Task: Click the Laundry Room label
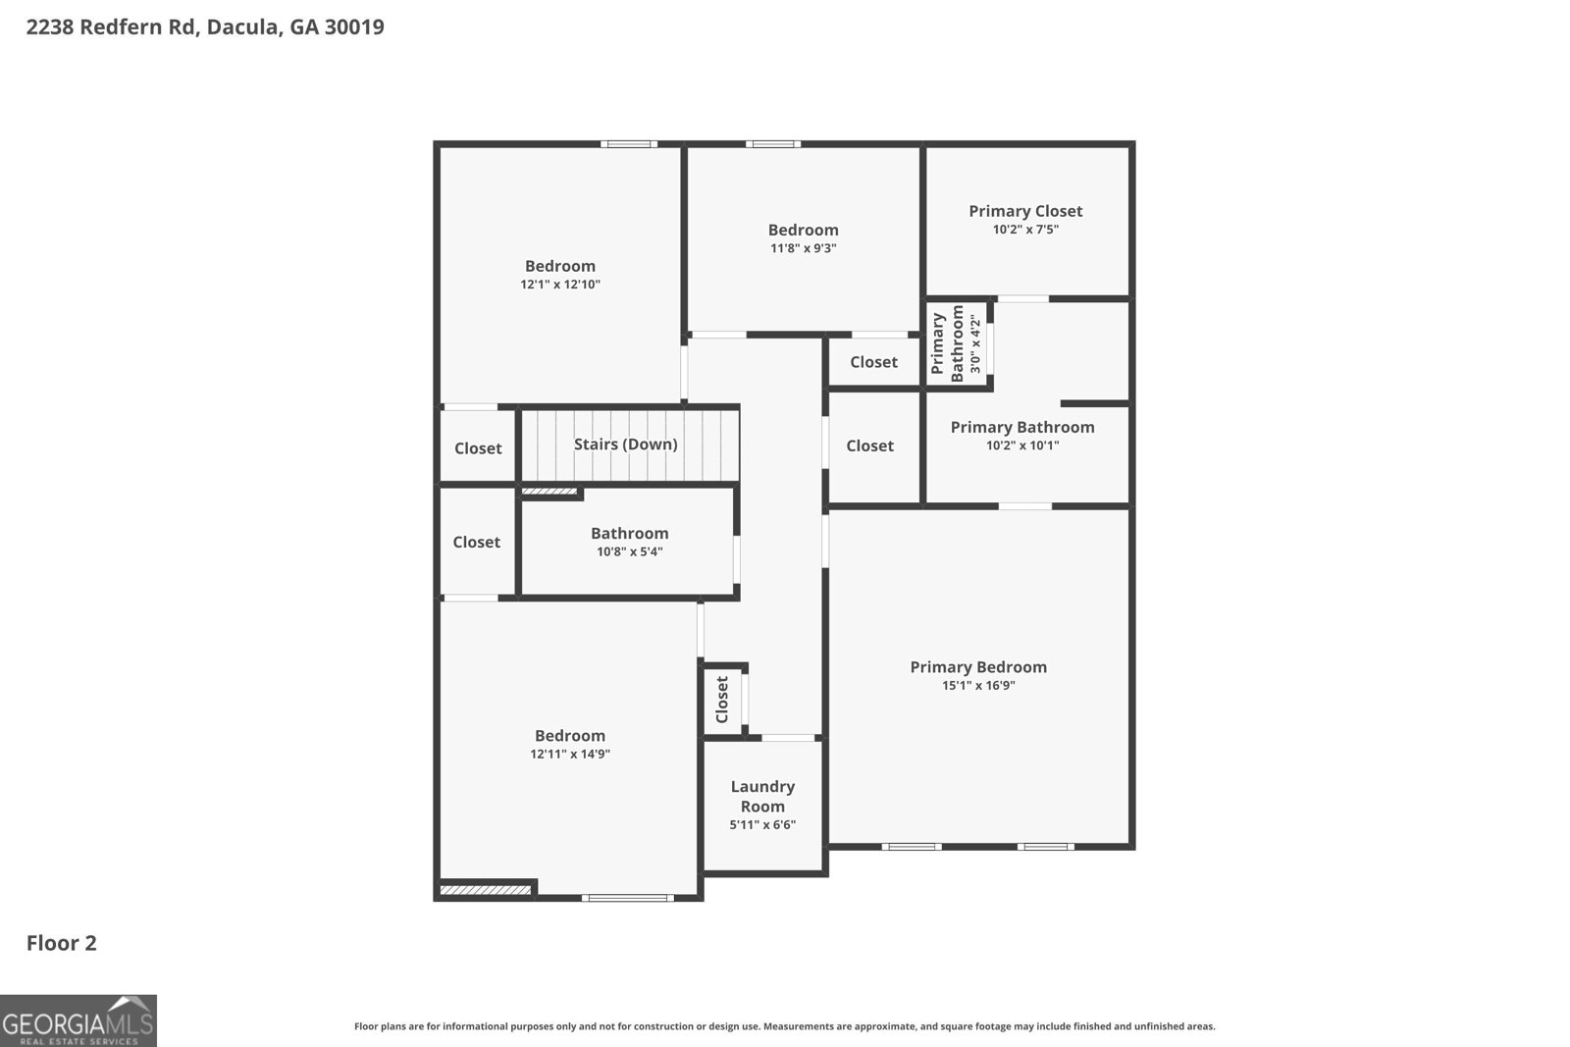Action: (x=762, y=797)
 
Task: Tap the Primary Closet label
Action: (x=1025, y=211)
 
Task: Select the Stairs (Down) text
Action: (x=625, y=445)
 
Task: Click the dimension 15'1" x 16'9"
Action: (x=978, y=686)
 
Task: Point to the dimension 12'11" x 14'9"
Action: (x=570, y=755)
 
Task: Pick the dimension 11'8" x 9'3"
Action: (x=803, y=249)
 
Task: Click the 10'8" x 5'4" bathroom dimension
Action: (x=629, y=552)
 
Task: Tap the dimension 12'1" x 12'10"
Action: (x=560, y=285)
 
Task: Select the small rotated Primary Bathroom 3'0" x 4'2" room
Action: (x=955, y=343)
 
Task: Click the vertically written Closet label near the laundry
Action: (x=722, y=699)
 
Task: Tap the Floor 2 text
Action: (x=61, y=943)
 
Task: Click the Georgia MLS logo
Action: (x=78, y=1021)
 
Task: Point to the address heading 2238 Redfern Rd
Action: (x=205, y=26)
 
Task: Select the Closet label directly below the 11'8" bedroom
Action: (x=873, y=362)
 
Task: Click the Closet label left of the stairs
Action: (x=478, y=448)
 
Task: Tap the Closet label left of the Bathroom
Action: (x=476, y=543)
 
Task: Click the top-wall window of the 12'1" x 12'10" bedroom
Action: (x=629, y=144)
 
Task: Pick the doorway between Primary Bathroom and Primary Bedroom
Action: (x=1025, y=506)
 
